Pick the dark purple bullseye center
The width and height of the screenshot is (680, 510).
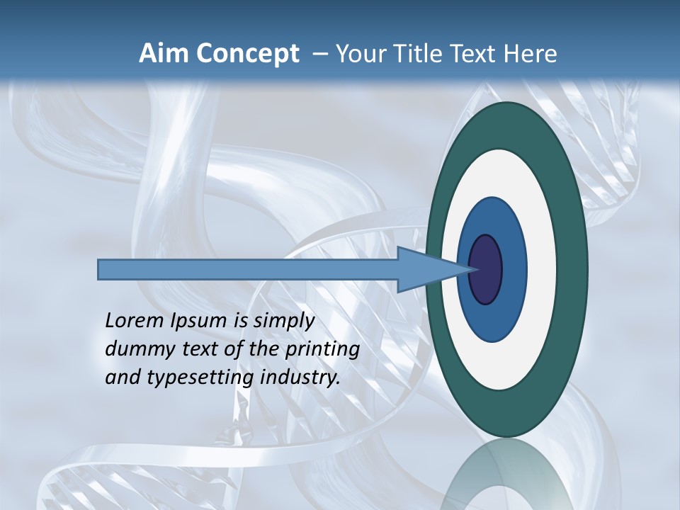click(486, 269)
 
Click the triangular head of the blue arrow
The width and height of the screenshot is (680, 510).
click(432, 269)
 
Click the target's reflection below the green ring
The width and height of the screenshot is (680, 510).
click(506, 475)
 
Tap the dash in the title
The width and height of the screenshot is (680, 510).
click(319, 55)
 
